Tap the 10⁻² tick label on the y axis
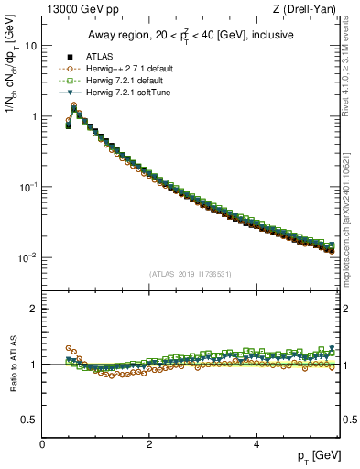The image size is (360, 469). point(27,257)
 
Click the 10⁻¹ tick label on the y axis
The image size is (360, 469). point(27,187)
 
